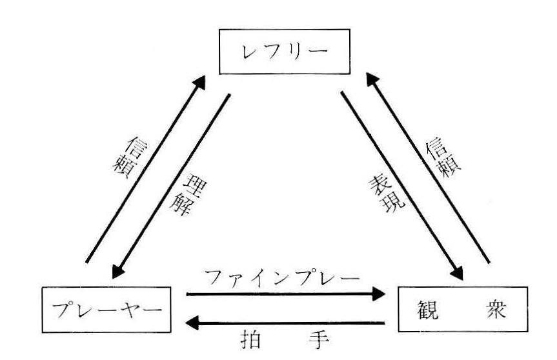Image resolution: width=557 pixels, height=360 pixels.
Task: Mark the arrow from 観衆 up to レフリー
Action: pyautogui.click(x=429, y=168)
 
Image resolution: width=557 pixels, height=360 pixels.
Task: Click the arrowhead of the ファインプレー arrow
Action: pyautogui.click(x=378, y=294)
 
